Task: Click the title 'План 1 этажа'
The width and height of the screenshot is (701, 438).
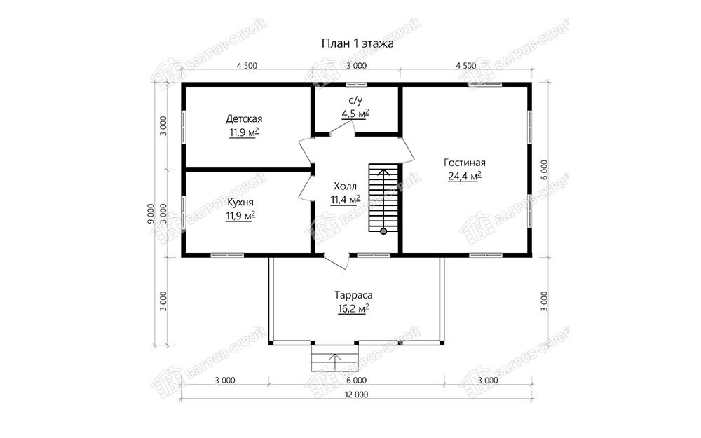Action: pos(358,43)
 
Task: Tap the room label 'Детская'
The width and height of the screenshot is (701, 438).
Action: pos(244,119)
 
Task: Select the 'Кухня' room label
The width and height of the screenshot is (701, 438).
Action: pos(240,203)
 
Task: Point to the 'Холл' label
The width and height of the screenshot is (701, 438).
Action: pos(345,186)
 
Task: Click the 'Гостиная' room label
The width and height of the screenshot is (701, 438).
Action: pos(465,163)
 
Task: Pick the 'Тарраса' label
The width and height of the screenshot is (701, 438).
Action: pos(353,295)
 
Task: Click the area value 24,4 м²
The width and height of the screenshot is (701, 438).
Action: pos(465,176)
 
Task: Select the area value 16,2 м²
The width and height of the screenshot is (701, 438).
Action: pos(353,309)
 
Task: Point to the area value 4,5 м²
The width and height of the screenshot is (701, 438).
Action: pos(355,114)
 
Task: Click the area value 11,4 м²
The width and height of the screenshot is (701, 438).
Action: pos(346,200)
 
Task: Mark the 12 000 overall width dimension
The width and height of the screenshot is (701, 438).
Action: pos(356,395)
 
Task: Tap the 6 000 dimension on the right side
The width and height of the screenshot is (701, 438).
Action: pos(544,170)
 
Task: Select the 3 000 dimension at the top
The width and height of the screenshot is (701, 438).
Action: pos(356,66)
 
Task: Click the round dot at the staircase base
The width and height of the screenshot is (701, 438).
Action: pos(383,231)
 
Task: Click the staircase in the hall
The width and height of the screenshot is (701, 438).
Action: pos(383,198)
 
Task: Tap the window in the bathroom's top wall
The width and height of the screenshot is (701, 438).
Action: pos(356,84)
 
